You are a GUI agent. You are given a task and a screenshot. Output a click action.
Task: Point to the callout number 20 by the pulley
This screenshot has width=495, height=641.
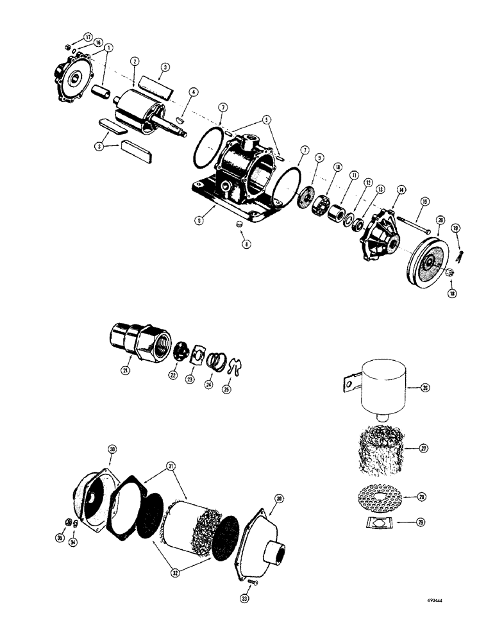pos(440,219)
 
